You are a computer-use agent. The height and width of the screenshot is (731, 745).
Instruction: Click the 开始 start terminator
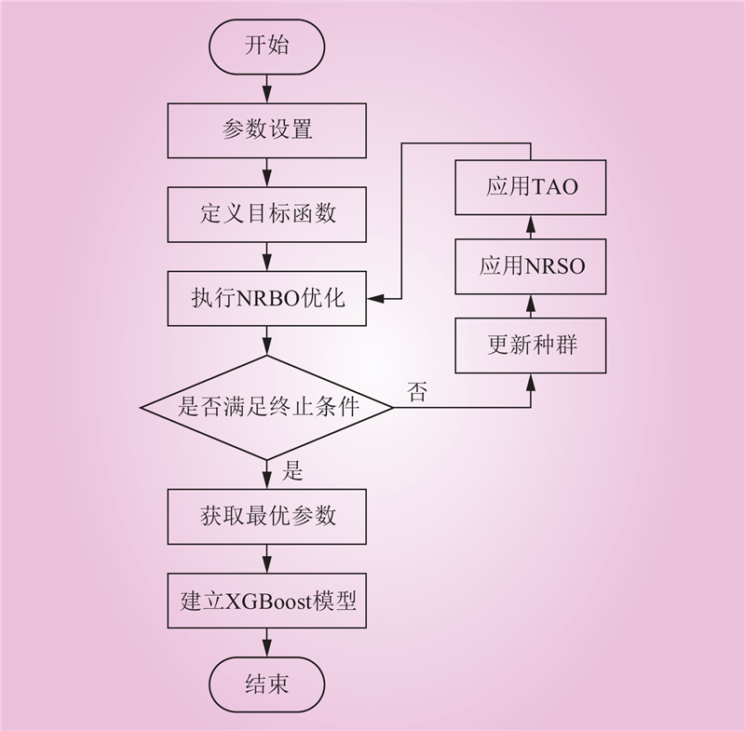(266, 47)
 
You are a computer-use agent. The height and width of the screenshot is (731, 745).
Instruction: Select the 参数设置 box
(266, 129)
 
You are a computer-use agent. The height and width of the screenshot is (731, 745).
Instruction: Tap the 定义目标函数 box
(266, 214)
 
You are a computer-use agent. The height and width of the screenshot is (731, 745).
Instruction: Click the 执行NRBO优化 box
(266, 298)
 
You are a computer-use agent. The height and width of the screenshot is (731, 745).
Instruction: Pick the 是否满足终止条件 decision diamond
(266, 407)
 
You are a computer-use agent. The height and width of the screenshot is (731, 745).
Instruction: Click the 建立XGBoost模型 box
(266, 600)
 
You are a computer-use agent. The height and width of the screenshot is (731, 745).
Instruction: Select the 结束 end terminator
(266, 684)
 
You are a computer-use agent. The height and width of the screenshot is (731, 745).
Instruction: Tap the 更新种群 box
(531, 345)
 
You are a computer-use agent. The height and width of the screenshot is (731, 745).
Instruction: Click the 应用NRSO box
(531, 265)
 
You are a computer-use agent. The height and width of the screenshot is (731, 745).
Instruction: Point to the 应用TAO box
(531, 186)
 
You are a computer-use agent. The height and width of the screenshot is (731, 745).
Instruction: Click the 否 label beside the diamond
(416, 391)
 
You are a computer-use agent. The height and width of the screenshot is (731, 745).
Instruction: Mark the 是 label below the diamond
(292, 472)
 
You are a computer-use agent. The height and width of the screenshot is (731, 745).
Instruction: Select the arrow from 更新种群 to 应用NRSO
(531, 305)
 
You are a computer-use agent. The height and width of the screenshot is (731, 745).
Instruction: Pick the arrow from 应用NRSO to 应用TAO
(531, 225)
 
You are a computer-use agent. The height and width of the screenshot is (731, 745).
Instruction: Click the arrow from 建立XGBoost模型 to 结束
(266, 643)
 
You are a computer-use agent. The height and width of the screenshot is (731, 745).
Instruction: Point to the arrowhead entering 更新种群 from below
(531, 380)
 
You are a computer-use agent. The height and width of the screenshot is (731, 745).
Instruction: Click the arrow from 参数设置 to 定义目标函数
(266, 172)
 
